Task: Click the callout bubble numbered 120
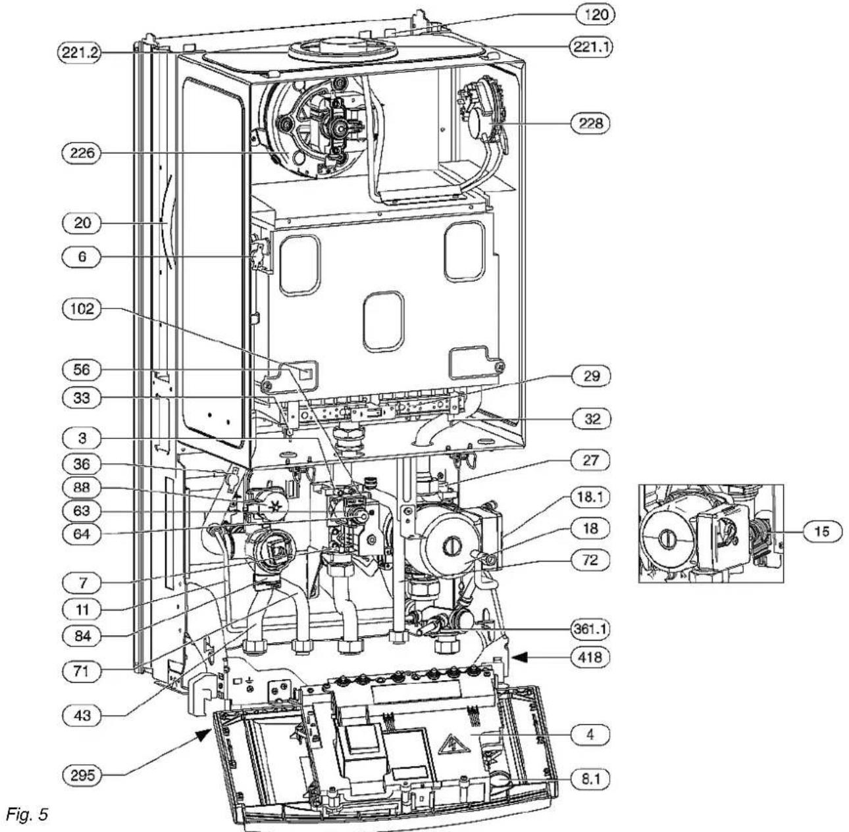[596, 15]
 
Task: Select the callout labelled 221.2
[79, 53]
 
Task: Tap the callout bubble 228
[590, 124]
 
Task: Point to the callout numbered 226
[82, 153]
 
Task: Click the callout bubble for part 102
[82, 308]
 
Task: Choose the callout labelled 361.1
[590, 629]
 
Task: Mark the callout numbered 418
[590, 658]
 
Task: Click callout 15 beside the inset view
[822, 531]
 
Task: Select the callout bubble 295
[82, 774]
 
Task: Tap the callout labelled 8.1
[590, 779]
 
